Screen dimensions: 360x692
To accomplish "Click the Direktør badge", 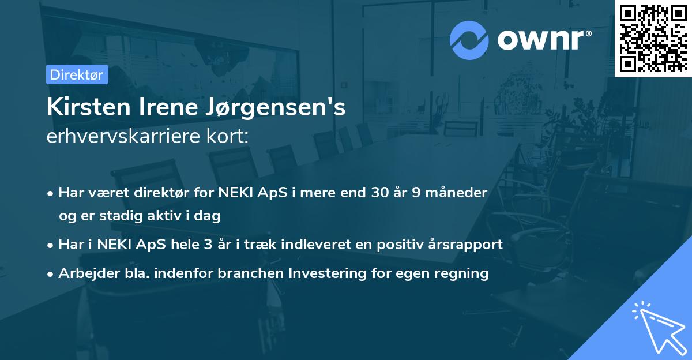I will [x=77, y=74].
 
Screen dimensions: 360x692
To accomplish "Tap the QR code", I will [x=653, y=39].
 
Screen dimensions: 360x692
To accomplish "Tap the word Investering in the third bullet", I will [x=329, y=273].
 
